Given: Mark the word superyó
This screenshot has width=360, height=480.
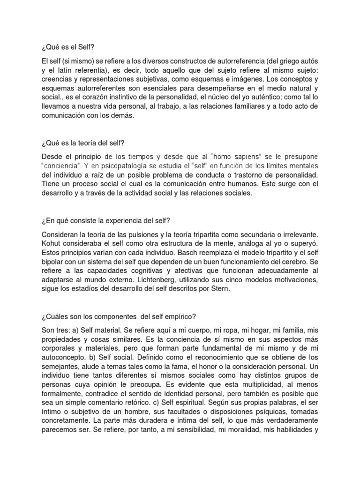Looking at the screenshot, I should pos(304,244).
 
